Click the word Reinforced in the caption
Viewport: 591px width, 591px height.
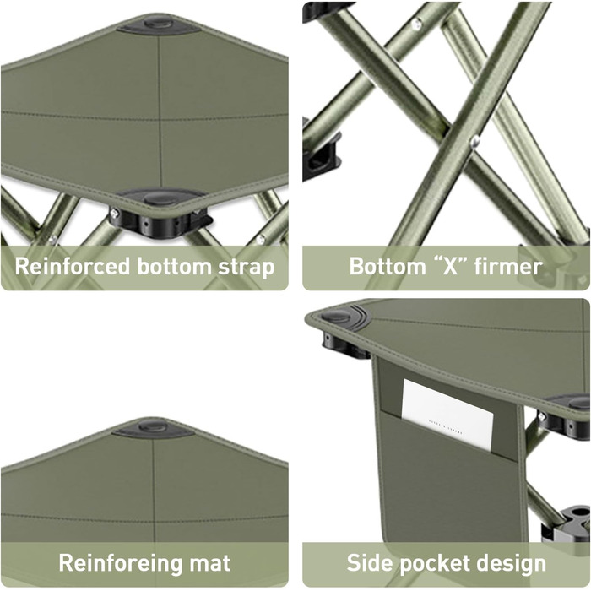(x=72, y=267)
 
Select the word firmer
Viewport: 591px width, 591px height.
(x=508, y=267)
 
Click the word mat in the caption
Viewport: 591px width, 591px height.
(x=209, y=563)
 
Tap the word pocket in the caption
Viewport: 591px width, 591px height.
(x=429, y=564)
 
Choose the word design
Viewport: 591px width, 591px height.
(x=507, y=564)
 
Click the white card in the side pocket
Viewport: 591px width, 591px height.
(x=447, y=415)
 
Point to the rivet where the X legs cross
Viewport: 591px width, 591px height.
(x=474, y=142)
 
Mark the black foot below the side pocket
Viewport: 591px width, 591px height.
(x=567, y=524)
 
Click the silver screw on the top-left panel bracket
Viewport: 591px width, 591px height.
(x=114, y=214)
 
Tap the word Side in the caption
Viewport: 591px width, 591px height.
(x=370, y=563)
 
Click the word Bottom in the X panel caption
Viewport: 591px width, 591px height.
(x=388, y=267)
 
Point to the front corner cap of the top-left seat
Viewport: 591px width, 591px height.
(x=162, y=197)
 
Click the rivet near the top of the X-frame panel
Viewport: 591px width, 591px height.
(x=416, y=24)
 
